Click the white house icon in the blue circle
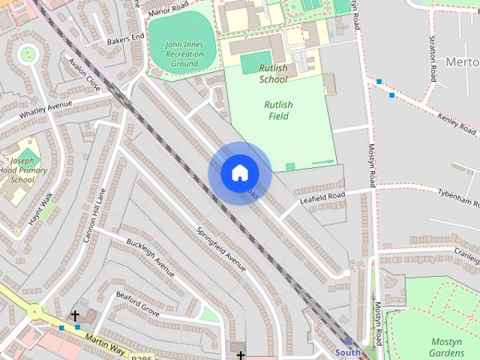(239, 173)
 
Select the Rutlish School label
(273, 73)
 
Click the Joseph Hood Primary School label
(22, 170)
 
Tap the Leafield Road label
(322, 196)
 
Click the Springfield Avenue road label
(221, 248)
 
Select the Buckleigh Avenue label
(150, 257)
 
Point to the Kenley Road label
(457, 124)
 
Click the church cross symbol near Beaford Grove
(75, 316)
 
